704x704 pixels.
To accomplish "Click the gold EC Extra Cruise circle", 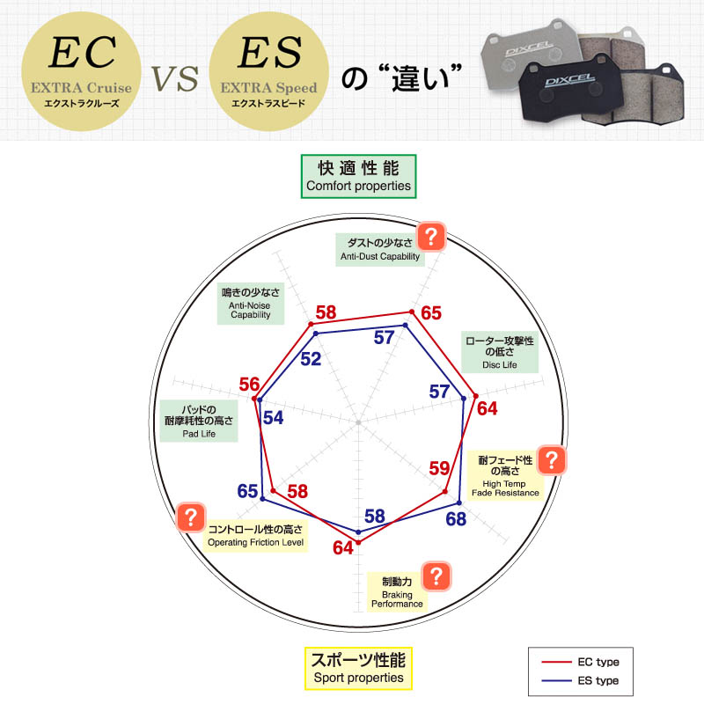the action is click(x=81, y=72).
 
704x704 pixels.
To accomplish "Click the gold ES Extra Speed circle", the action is click(x=269, y=72).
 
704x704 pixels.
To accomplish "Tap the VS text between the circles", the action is click(x=174, y=78).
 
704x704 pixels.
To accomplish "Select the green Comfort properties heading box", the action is click(x=358, y=177).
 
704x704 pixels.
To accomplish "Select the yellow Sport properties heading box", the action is click(x=358, y=668).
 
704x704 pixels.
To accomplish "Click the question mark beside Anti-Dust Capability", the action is click(x=431, y=236).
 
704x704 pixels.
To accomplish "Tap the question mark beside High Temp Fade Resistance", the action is click(x=552, y=459).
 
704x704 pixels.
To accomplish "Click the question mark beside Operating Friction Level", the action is click(x=191, y=517).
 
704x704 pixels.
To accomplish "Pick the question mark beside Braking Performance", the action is click(x=436, y=576).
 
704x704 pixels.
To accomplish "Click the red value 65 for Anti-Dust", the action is click(x=431, y=313).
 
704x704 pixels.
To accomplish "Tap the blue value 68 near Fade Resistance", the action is click(x=456, y=519).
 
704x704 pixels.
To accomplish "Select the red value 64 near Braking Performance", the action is click(x=343, y=547).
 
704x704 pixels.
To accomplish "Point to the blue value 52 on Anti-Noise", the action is click(x=311, y=359).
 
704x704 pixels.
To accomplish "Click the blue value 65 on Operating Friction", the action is click(x=247, y=491).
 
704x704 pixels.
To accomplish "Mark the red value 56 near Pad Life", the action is click(x=249, y=385).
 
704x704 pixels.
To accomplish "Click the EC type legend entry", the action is click(x=581, y=662).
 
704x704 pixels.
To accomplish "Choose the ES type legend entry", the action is click(x=581, y=680).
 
